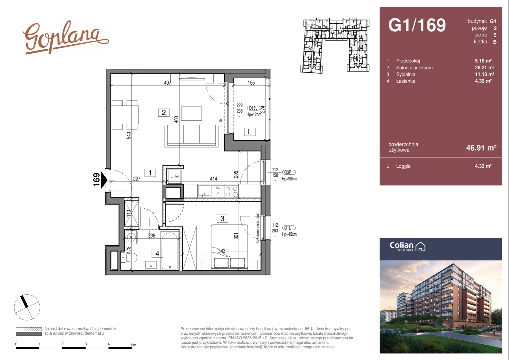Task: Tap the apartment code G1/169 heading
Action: tap(417, 25)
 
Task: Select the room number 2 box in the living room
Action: tap(164, 112)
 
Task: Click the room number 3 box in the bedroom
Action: tap(222, 219)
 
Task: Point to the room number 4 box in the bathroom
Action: tap(157, 253)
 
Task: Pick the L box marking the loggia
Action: tap(250, 132)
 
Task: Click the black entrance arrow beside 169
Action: tap(104, 180)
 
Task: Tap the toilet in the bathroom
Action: tap(129, 258)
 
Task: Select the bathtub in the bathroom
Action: tap(170, 251)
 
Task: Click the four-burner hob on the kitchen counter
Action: tap(232, 191)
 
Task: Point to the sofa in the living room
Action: tap(191, 136)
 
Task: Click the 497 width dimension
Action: tap(168, 83)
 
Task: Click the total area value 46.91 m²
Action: tap(481, 148)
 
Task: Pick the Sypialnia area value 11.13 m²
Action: tap(484, 74)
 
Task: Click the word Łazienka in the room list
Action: tap(406, 81)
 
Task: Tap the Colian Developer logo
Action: tap(407, 247)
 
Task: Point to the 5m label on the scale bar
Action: tap(134, 345)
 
